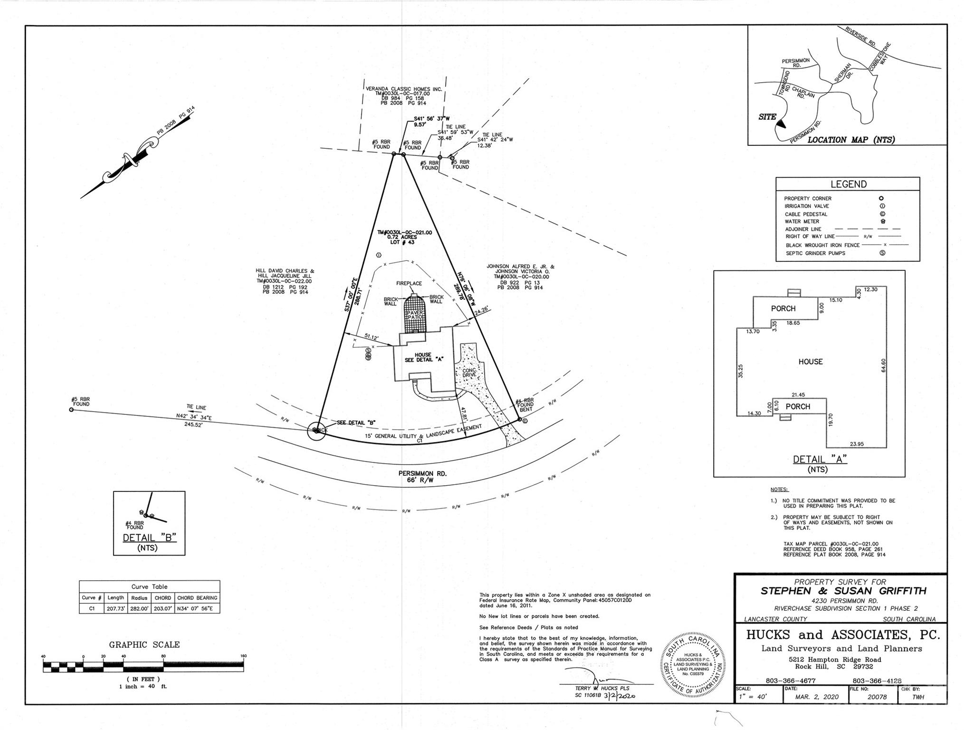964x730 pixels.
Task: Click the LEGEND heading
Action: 848,184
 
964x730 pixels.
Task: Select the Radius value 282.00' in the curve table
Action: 139,608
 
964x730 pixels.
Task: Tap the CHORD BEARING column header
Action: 197,598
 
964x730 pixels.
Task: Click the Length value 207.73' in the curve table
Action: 115,608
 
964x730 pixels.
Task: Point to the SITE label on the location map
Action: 767,117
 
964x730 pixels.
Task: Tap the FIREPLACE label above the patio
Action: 409,283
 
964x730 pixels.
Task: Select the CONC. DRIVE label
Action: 469,372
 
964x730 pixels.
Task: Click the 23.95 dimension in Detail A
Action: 857,444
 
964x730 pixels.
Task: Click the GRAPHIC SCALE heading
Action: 144,645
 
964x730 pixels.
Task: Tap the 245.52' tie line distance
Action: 193,425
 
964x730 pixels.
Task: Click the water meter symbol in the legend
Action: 882,221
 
